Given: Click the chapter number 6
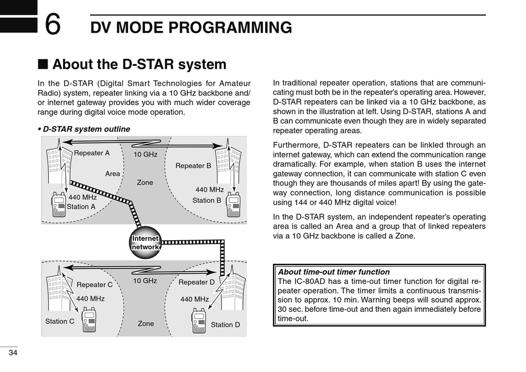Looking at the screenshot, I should [x=53, y=24].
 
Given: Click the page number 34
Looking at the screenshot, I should [x=13, y=353].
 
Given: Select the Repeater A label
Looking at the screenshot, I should [x=92, y=153].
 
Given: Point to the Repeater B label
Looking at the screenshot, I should [x=193, y=166].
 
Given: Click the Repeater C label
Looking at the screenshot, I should [x=95, y=285].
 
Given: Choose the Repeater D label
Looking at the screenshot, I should [x=197, y=282].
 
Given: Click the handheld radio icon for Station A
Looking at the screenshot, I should [x=59, y=204].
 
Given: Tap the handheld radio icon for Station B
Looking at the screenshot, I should [x=234, y=205].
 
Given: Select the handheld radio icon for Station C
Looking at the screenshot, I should [x=89, y=319].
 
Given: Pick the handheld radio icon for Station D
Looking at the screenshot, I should [x=199, y=321].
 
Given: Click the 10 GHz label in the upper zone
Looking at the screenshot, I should [x=146, y=154].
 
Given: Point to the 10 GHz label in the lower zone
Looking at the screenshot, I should [x=145, y=281].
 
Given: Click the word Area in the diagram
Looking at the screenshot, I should [x=112, y=174].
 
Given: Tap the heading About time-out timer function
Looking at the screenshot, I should [x=334, y=272].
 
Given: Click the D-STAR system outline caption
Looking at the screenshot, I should [x=84, y=130].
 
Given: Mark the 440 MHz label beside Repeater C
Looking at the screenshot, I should [x=90, y=299].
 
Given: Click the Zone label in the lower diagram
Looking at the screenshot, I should [x=146, y=324].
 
